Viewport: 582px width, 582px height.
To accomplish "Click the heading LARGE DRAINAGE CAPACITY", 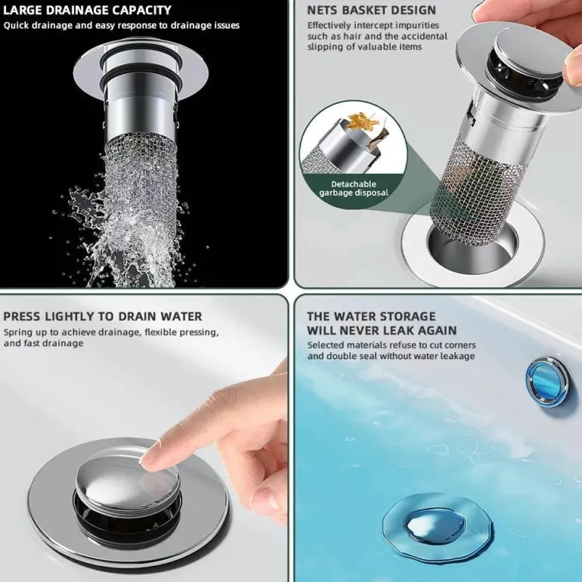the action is [87, 10].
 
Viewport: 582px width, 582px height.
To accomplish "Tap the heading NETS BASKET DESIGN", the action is [372, 10].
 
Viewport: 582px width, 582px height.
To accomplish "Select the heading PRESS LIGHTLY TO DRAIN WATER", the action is [103, 316].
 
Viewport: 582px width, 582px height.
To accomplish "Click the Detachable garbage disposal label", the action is [354, 188].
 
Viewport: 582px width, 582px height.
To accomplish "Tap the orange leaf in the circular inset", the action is [364, 122].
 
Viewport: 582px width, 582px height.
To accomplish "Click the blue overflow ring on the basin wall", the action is [547, 382].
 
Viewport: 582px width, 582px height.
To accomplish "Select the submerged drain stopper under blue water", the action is [435, 527].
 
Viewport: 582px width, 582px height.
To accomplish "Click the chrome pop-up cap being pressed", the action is [128, 481].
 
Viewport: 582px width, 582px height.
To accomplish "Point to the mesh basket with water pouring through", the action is [141, 186].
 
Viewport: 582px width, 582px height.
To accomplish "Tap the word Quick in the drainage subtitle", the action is [17, 26].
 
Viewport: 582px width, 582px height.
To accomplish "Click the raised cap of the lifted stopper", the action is [529, 48].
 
